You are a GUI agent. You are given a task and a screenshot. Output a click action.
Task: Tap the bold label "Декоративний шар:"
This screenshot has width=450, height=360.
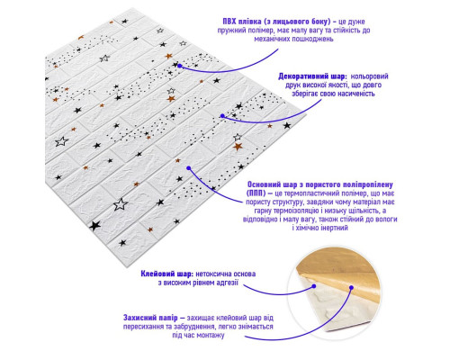tap(312, 76)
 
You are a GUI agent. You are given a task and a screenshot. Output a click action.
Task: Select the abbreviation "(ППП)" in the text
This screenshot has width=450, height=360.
tap(256, 193)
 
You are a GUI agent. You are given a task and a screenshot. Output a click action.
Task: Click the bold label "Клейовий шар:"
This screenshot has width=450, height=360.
tap(167, 274)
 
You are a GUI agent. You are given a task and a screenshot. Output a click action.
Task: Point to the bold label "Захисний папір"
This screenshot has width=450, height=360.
tap(150, 318)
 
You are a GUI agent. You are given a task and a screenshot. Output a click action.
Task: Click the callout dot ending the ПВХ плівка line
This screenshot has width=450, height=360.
tap(179, 66)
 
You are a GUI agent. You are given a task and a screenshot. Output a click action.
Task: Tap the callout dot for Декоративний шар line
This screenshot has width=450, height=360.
tap(222, 116)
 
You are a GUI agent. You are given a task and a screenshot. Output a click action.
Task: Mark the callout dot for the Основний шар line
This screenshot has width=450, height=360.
tap(189, 168)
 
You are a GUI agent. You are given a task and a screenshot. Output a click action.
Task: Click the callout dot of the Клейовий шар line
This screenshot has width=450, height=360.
tap(314, 286)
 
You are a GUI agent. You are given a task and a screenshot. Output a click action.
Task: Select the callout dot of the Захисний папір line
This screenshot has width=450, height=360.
tap(351, 287)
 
